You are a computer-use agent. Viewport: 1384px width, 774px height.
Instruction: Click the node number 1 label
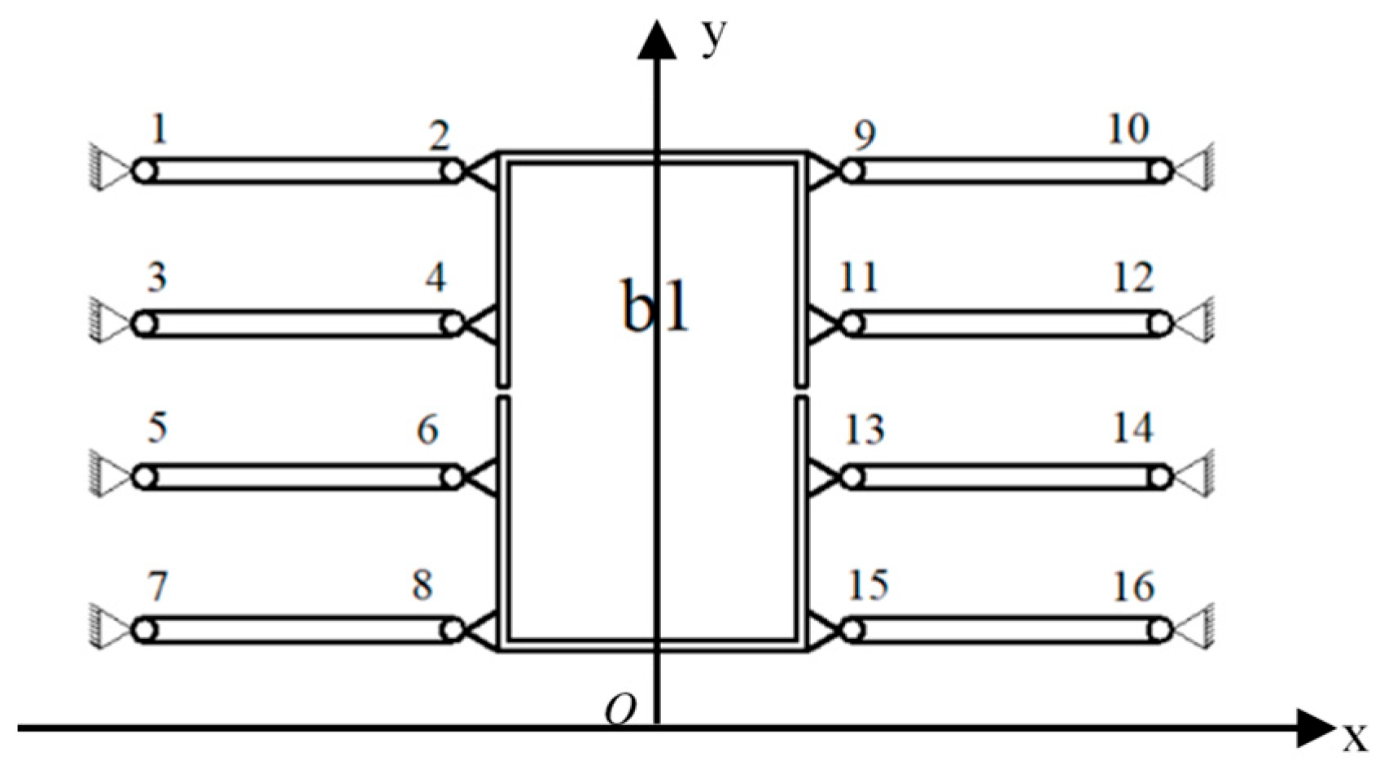[160, 129]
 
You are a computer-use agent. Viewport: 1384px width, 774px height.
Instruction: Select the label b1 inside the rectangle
[655, 307]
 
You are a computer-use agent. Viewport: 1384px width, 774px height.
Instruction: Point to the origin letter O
[620, 711]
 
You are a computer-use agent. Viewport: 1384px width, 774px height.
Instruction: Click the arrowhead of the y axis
[656, 41]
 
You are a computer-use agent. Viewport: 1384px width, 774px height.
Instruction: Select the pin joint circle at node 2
[453, 171]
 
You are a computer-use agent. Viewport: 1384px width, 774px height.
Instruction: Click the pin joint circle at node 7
[144, 630]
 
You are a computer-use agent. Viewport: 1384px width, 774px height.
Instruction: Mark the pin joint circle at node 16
[1161, 630]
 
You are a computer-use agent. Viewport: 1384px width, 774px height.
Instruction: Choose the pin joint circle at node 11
[852, 323]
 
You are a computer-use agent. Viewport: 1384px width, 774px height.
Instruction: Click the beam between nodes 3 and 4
[298, 323]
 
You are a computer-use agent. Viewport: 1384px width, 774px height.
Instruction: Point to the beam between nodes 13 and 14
[1006, 477]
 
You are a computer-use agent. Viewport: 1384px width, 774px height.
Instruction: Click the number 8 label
[422, 584]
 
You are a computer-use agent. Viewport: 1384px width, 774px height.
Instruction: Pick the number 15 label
[868, 584]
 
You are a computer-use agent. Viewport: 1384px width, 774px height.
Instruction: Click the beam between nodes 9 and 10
[1006, 171]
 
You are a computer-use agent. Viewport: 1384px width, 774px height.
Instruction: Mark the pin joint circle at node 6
[453, 477]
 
